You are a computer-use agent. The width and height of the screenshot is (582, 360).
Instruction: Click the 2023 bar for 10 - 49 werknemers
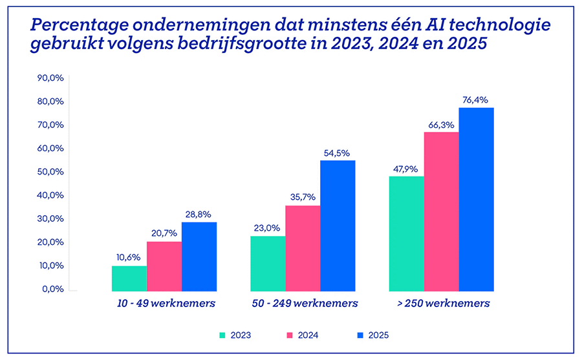tap(129, 278)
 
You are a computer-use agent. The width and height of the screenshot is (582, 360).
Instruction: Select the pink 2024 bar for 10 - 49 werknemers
tap(164, 266)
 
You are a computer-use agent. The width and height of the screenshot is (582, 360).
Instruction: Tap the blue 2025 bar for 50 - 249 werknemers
tap(338, 226)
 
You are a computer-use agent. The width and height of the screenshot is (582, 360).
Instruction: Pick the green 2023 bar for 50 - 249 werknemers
tap(268, 263)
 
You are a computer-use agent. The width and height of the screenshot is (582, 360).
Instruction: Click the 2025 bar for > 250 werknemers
tap(476, 199)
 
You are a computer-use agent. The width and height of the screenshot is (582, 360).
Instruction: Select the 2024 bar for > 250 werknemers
tap(441, 211)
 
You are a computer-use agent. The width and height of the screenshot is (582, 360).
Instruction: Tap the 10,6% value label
tap(129, 257)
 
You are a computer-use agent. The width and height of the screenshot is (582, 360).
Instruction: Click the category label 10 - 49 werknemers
tap(164, 303)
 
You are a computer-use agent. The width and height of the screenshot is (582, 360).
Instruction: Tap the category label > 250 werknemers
tap(441, 303)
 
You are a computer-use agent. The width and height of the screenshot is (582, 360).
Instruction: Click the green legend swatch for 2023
tap(223, 335)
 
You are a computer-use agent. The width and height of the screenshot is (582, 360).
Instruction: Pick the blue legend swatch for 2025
tap(360, 335)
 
